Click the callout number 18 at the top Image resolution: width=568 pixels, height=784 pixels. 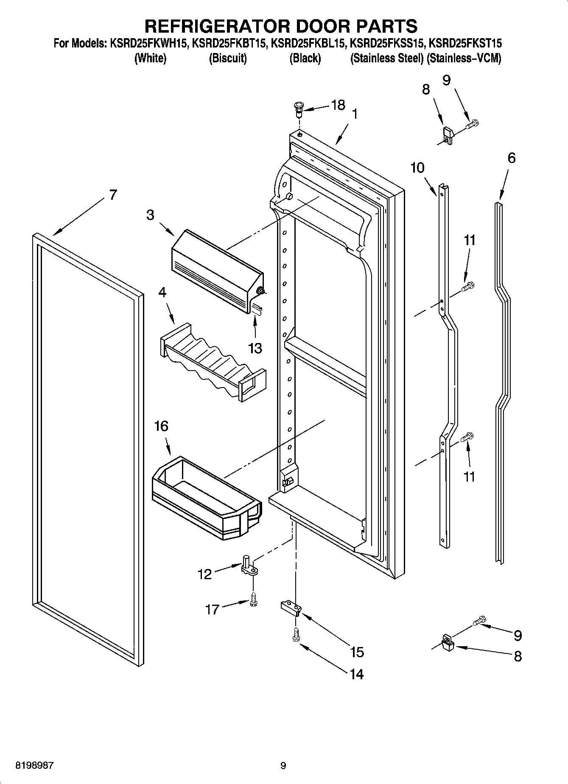click(338, 105)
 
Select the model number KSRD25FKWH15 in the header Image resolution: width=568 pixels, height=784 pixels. click(148, 43)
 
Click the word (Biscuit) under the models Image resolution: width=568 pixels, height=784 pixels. click(228, 58)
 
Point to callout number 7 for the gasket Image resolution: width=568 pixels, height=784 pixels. click(112, 195)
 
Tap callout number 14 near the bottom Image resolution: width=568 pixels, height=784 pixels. click(356, 674)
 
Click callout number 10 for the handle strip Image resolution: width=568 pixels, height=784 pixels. click(417, 168)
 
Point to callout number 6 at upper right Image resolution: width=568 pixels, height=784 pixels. click(512, 158)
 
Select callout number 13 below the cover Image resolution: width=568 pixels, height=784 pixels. click(255, 348)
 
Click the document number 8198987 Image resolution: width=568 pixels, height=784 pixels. click(35, 766)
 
